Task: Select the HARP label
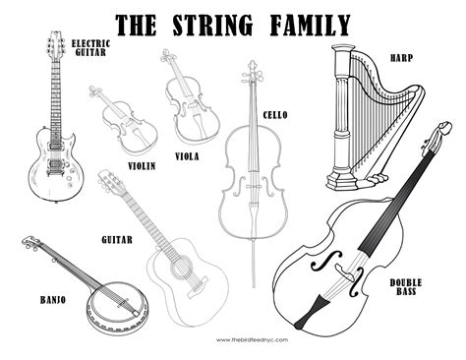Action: pyautogui.click(x=399, y=57)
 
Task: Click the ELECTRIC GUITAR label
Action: pyautogui.click(x=91, y=50)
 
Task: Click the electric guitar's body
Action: pyautogui.click(x=55, y=167)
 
